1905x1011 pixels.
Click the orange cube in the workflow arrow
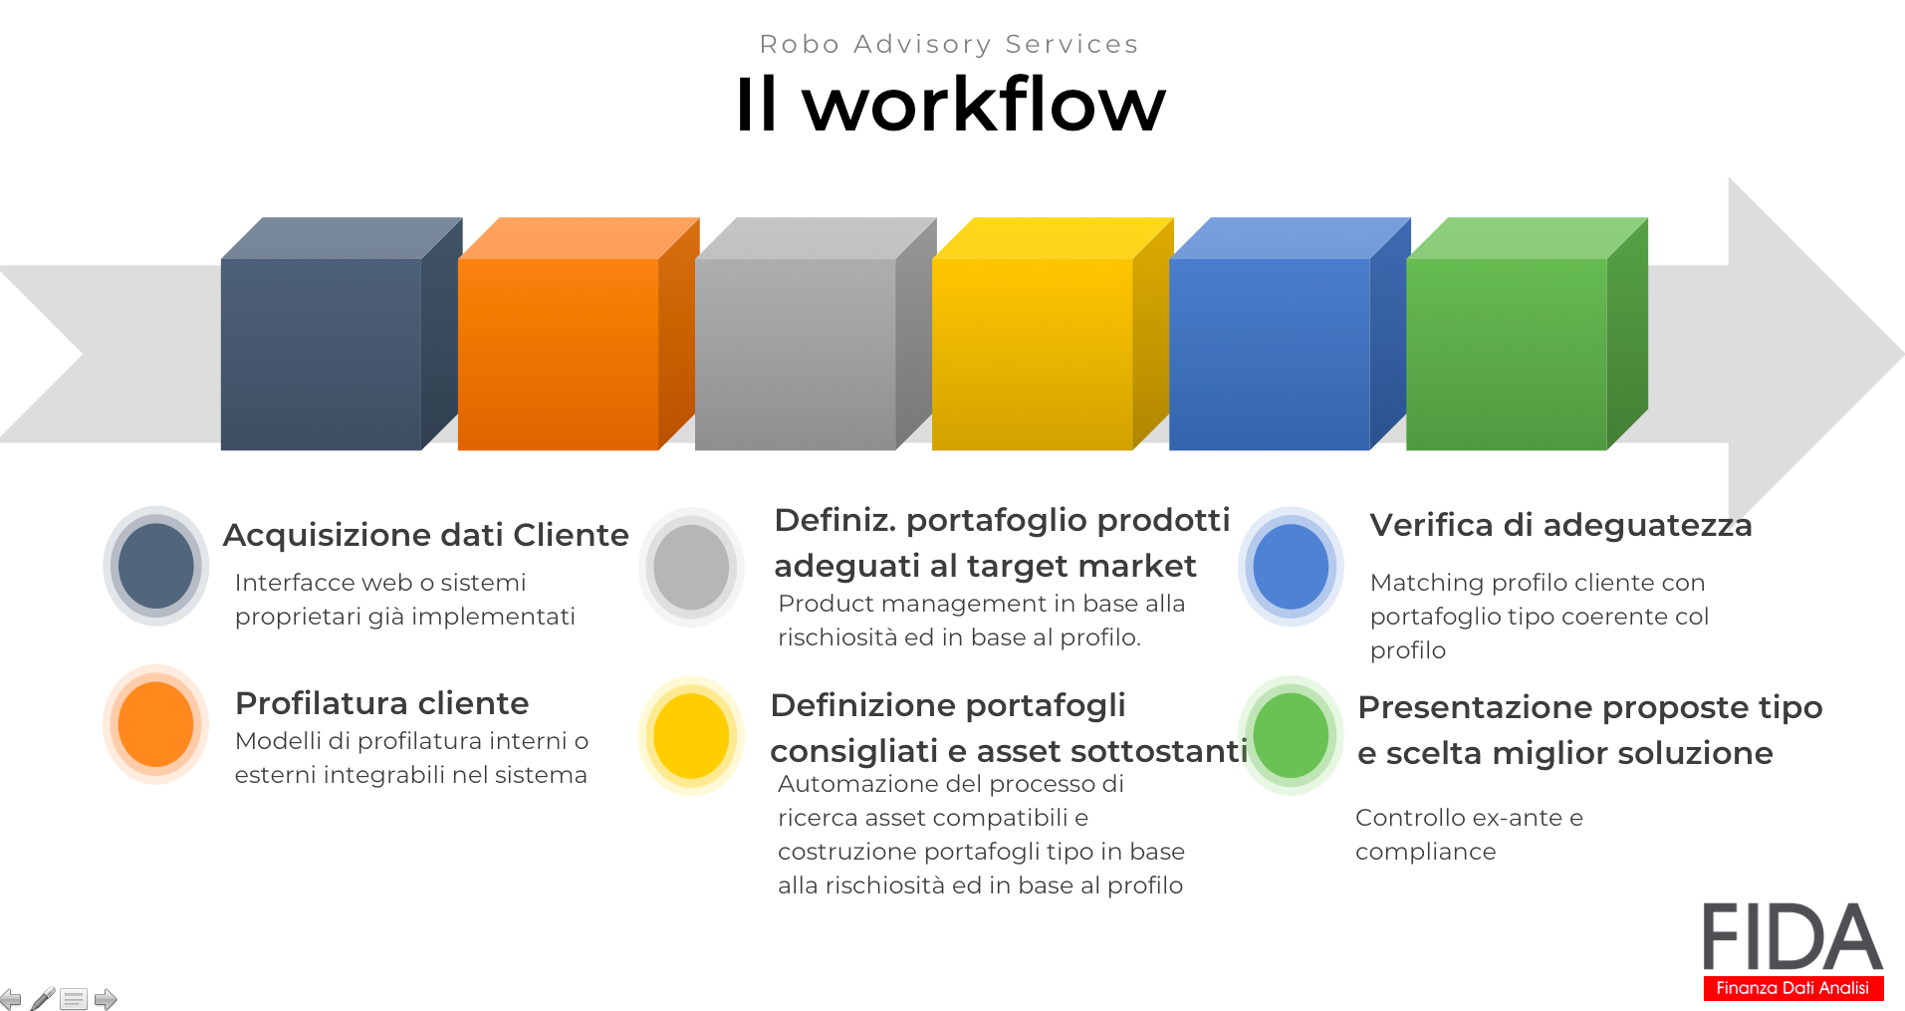[578, 334]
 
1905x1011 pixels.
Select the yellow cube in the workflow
[1053, 334]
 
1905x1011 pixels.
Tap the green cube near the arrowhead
[1527, 334]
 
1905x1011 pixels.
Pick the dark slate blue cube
[342, 334]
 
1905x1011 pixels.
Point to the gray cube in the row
[816, 334]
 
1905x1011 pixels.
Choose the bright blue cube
[1290, 334]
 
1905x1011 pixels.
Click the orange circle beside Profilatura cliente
[155, 724]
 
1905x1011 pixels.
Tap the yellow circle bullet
[691, 736]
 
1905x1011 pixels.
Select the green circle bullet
[1291, 735]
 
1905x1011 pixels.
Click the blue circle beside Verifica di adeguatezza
[1291, 566]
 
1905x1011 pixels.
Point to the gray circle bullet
[691, 567]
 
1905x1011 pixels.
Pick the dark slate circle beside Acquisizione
[155, 566]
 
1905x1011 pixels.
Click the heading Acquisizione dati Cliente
[426, 535]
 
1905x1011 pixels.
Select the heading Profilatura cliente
[382, 703]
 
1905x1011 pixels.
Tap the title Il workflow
[951, 104]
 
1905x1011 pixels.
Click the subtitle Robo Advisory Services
[949, 44]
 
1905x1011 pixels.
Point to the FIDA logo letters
[1792, 936]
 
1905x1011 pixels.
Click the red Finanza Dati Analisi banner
[1792, 987]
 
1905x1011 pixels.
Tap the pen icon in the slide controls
[43, 998]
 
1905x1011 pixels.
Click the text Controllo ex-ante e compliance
[1469, 835]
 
